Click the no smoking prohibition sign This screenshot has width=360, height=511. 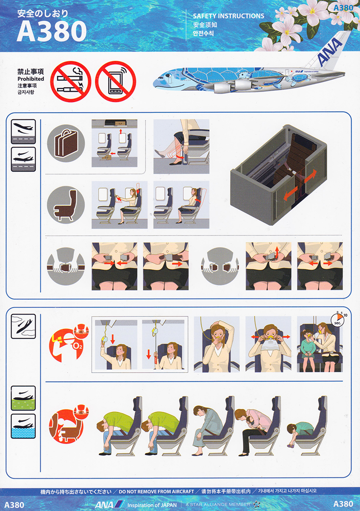point(71,81)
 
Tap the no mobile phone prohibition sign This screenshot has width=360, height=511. point(115,81)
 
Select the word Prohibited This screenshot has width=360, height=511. point(31,79)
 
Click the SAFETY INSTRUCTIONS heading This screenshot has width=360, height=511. point(229,16)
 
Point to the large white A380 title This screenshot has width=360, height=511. point(51,31)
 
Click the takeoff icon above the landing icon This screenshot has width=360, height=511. point(23,132)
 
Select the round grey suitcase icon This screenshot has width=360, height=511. point(66,143)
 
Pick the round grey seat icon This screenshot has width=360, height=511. point(66,205)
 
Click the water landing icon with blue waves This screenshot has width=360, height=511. point(23,426)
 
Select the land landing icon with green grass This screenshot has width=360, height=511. point(23,398)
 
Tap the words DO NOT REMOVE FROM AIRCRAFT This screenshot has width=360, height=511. point(156,491)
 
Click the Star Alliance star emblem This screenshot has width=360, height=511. point(256,504)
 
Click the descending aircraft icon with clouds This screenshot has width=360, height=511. point(23,326)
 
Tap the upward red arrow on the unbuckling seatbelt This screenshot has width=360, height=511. point(277,252)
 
